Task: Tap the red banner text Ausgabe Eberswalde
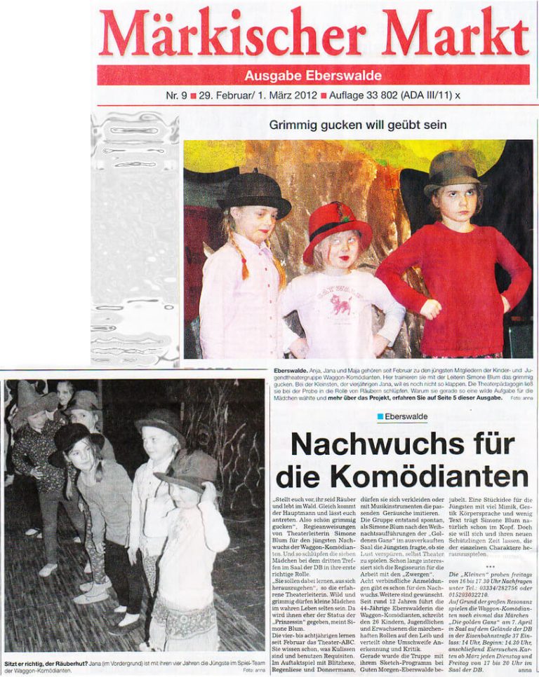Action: point(313,76)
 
